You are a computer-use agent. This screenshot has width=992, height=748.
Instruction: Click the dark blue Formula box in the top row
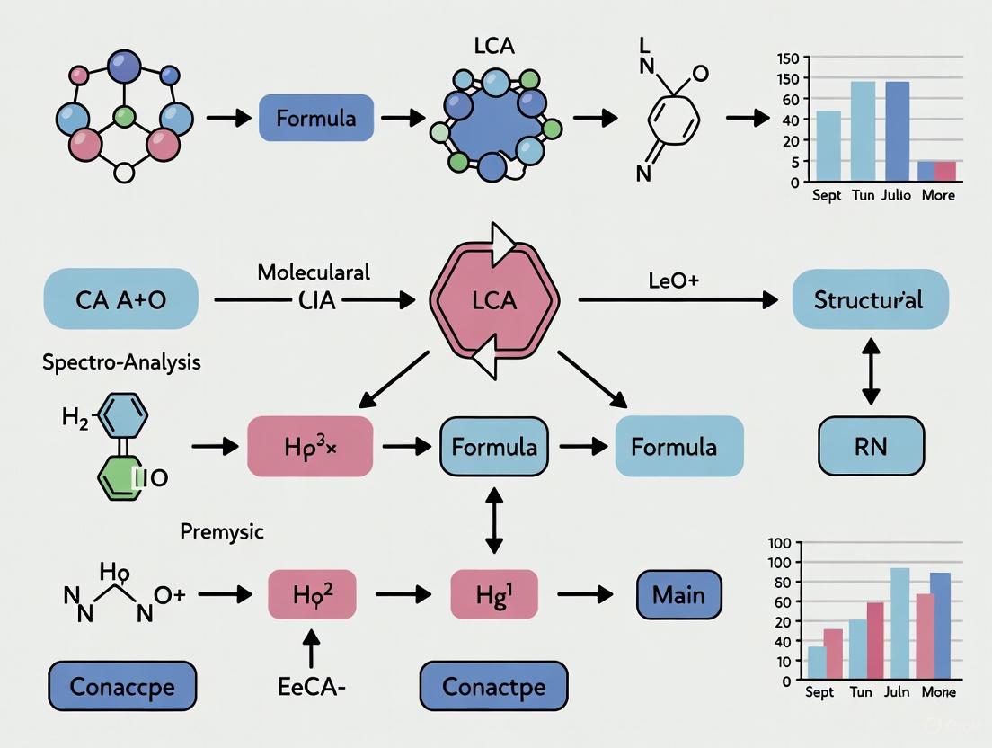tap(315, 118)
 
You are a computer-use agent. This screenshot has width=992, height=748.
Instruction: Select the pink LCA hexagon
tap(495, 299)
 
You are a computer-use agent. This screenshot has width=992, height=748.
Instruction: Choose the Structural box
tap(869, 299)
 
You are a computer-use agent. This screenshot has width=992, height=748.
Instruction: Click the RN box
tap(871, 446)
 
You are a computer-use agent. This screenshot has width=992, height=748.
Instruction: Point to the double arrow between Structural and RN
tap(870, 370)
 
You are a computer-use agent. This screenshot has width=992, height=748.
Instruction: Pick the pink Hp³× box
tap(310, 446)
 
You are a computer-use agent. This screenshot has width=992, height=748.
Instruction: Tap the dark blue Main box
tap(678, 594)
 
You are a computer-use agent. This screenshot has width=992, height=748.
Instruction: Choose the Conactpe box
tap(493, 688)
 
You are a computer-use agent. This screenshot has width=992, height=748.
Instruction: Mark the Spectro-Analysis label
tap(121, 362)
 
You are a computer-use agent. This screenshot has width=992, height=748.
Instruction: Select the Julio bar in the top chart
tap(897, 131)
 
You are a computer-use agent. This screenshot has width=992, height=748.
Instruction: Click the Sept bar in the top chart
tap(828, 146)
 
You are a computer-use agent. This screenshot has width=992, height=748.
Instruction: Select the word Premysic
tap(222, 530)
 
